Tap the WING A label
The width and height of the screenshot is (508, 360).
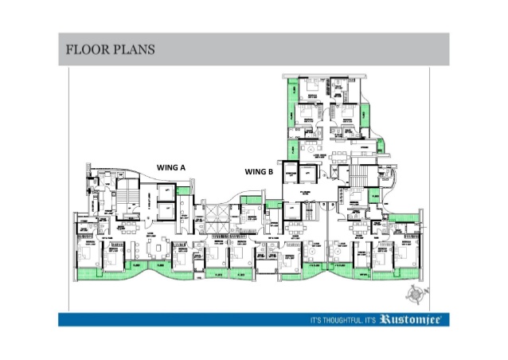[x=170, y=168]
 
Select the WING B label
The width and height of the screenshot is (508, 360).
[x=259, y=171]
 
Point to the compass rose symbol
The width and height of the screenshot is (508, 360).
[x=412, y=294]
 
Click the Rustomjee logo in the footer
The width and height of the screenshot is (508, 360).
[x=413, y=319]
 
